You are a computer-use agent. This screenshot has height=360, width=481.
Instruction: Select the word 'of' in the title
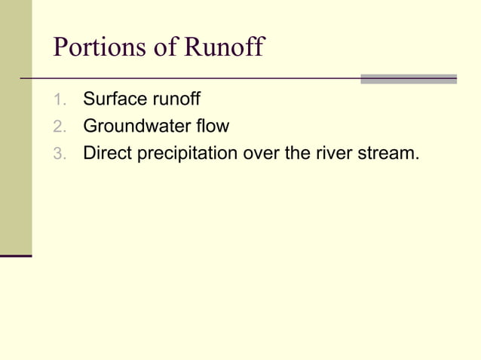point(164,47)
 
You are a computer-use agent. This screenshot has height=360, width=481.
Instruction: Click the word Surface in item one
point(113,99)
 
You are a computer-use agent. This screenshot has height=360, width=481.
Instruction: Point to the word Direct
point(106,153)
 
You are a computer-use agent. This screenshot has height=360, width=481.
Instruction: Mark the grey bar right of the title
point(408,78)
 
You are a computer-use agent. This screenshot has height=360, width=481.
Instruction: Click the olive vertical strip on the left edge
point(15,128)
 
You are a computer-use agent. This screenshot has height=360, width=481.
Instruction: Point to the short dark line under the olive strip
point(15,256)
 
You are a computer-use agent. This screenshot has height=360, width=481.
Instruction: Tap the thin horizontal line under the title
point(188,78)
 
